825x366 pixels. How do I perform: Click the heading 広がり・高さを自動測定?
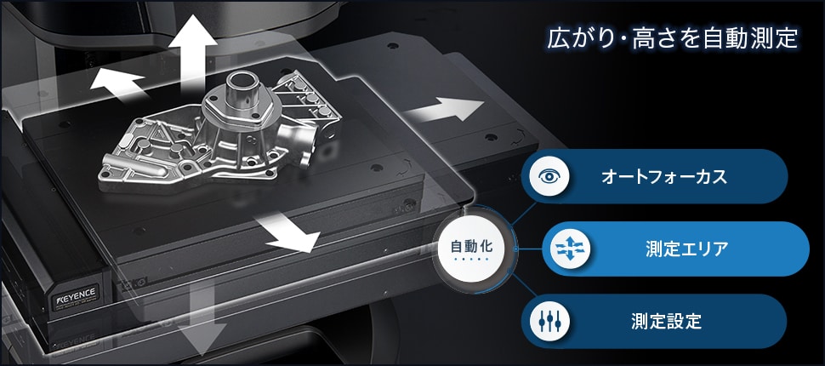[673, 39]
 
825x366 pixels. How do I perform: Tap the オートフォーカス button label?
[663, 177]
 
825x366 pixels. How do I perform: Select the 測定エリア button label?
[686, 249]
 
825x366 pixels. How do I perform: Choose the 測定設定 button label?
[666, 321]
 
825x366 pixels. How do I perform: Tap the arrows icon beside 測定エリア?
[570, 249]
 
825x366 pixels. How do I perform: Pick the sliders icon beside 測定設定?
[549, 321]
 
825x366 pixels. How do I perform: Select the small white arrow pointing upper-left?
[117, 84]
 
